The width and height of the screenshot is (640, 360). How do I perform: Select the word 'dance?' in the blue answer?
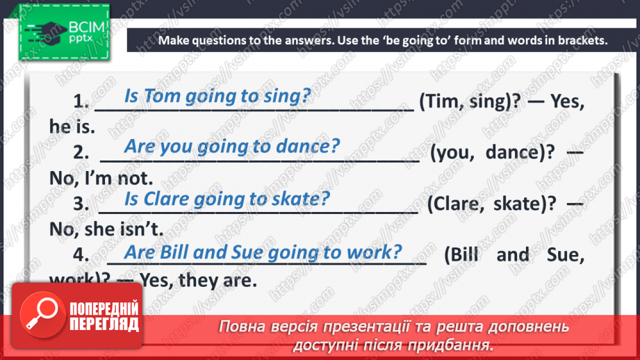click(307, 147)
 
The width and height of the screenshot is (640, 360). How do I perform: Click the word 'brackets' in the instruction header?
click(582, 40)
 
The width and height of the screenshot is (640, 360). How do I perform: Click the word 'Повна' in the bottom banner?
click(243, 327)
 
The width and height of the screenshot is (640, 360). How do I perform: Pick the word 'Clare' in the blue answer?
click(167, 199)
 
